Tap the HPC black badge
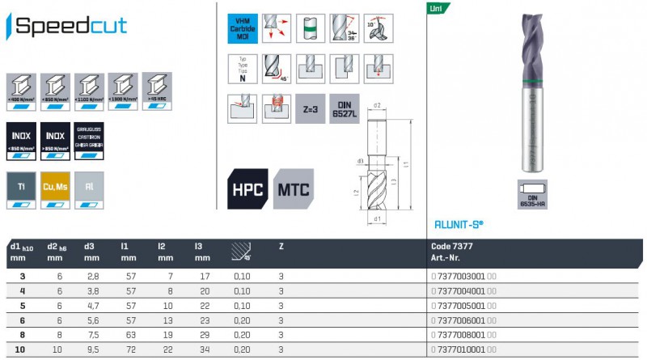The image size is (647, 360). pos(248,188)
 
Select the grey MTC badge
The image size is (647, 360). pos(293,188)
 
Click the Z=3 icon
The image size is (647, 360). pos(311,110)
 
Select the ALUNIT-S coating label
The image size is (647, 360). pos(459,226)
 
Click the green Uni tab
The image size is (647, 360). pos(436,9)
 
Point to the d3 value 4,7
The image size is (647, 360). pos(91,307)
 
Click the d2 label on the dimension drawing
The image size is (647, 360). pos(377,106)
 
